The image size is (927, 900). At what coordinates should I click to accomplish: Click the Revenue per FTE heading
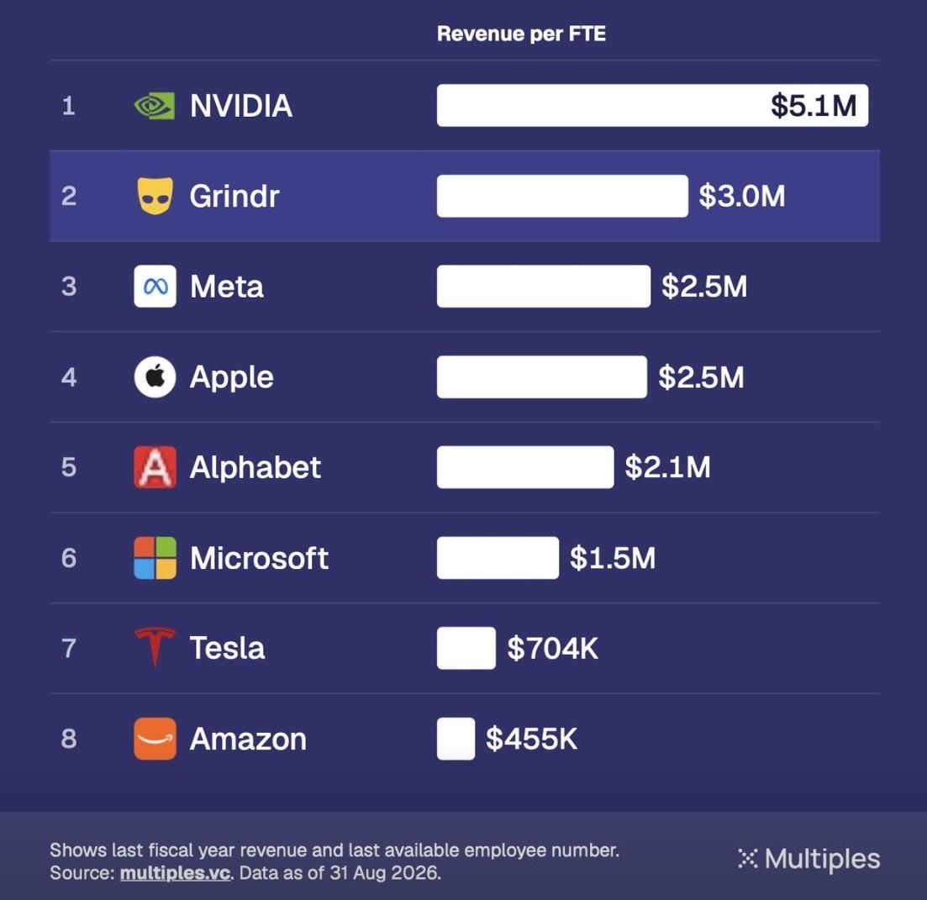521,34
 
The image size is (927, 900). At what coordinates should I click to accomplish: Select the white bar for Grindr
562,196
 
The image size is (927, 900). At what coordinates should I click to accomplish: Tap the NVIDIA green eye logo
155,106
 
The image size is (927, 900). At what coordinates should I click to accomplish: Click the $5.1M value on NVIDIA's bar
814,106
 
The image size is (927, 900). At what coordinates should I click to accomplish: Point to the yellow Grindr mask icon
155,196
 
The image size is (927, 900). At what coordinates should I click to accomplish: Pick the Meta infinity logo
155,287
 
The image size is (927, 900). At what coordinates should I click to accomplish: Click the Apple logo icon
155,377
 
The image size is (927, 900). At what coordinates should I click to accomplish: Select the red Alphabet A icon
155,467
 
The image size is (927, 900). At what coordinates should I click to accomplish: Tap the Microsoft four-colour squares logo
155,558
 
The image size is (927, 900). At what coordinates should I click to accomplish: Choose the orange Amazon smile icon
155,739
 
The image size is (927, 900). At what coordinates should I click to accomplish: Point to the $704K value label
553,648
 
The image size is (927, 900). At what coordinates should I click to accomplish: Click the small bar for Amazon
456,739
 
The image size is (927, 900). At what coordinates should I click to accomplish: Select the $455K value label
531,739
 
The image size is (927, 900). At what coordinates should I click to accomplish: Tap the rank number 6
69,558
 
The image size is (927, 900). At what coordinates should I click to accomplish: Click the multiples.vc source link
175,873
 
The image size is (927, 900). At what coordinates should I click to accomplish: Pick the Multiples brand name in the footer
822,859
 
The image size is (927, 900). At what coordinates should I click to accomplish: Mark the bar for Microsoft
498,558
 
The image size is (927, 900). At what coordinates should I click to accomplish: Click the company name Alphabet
255,467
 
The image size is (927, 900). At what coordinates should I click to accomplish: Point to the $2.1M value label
667,467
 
